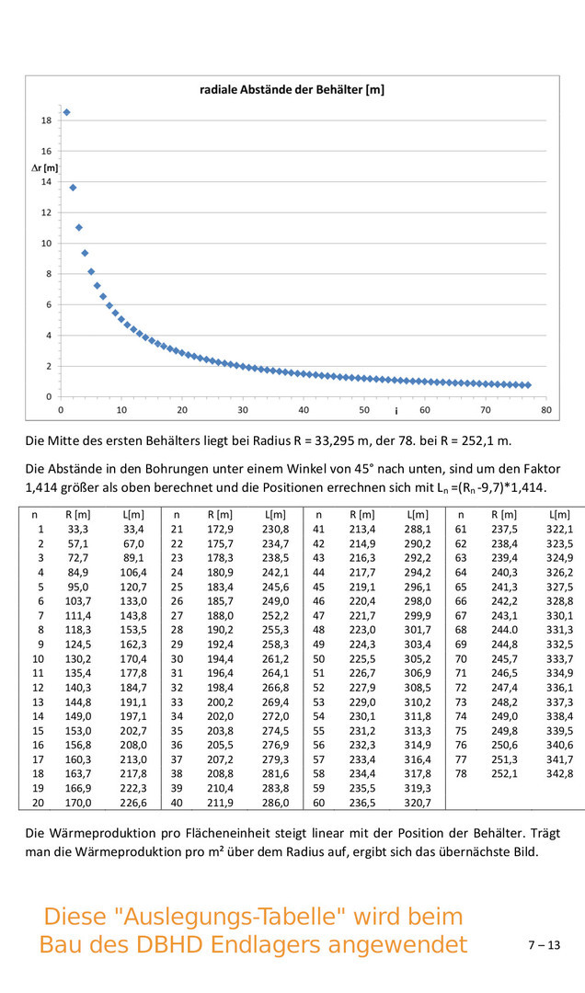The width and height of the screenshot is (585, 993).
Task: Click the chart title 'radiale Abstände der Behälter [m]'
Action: click(x=292, y=90)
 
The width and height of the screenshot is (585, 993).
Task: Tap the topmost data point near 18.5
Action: click(x=66, y=112)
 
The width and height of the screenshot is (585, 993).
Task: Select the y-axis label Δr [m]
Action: click(x=44, y=167)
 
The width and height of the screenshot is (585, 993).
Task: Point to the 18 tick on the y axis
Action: click(x=46, y=120)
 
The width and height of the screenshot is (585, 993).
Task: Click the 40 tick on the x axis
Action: click(x=304, y=410)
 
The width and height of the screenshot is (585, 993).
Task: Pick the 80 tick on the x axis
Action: click(x=546, y=410)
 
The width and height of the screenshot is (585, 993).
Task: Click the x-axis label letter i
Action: click(x=396, y=410)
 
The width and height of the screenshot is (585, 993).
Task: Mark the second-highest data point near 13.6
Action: click(x=73, y=188)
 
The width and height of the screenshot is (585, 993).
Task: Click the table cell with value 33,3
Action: click(x=77, y=529)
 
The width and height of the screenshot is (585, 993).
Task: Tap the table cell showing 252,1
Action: click(x=504, y=773)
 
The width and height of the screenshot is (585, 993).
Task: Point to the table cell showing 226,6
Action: click(x=133, y=803)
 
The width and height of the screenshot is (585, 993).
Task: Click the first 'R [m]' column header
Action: click(x=77, y=514)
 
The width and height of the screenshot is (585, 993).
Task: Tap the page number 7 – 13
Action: click(x=544, y=944)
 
